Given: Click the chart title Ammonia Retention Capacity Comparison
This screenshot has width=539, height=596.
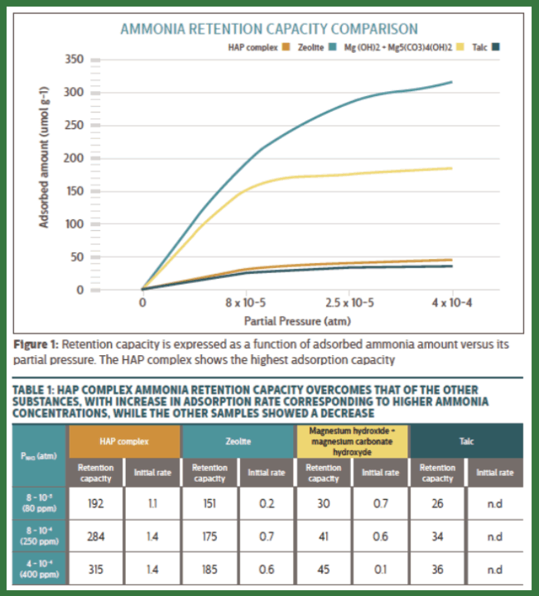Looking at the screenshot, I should point(269,30).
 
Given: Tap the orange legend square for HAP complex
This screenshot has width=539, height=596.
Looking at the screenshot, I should point(284,46).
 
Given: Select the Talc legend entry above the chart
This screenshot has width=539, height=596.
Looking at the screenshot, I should point(479,46).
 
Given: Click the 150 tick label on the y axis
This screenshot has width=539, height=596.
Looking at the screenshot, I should point(75,191).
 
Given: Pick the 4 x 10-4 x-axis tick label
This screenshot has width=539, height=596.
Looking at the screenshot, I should point(451,303).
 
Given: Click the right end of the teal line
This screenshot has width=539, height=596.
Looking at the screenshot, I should point(451,82).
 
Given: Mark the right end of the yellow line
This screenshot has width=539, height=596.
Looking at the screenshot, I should point(451,168).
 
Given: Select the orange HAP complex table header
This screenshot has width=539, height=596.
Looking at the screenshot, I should point(124,441).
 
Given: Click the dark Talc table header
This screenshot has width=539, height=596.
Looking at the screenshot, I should point(466,441).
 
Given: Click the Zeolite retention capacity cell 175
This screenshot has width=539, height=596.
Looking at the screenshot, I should point(209,536).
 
